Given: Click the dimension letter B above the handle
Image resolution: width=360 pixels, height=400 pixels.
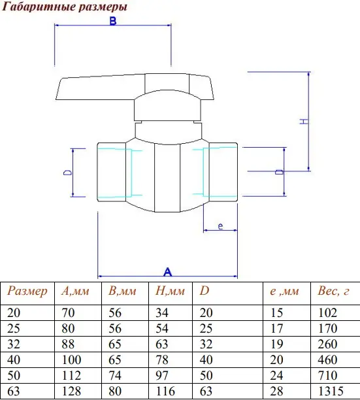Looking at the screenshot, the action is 112,21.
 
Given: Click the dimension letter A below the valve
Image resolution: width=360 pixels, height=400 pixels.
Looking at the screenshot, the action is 167,272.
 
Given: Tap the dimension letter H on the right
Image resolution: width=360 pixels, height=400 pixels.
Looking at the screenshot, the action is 304,121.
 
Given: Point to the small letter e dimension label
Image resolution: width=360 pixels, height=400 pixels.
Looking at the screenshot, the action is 221,226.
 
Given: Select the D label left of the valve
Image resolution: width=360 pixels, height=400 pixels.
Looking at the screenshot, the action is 67,173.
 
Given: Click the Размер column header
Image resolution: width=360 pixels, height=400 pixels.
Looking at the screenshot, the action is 27,291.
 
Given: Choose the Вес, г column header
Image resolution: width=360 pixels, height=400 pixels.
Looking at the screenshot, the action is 333,291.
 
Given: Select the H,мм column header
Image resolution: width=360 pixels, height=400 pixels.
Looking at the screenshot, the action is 170,291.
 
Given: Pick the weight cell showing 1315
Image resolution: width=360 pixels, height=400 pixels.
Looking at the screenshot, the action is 331,391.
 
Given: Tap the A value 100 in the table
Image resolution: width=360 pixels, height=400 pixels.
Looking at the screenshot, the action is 71,359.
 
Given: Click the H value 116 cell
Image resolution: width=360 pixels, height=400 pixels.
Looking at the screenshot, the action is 165,391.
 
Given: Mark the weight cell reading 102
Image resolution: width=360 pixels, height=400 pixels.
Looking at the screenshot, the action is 327,313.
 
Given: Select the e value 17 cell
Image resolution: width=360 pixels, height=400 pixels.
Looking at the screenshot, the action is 276,328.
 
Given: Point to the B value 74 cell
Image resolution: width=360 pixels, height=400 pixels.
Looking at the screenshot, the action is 115,376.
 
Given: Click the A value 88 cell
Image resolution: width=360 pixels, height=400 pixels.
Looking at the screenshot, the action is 68,344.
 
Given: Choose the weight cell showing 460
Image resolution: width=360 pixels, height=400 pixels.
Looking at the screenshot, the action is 327,359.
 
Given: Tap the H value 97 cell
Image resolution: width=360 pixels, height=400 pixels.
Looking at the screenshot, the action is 162,376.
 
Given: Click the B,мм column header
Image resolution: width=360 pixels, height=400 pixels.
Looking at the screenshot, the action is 122,291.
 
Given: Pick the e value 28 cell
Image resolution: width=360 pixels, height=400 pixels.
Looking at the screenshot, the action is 276,391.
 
